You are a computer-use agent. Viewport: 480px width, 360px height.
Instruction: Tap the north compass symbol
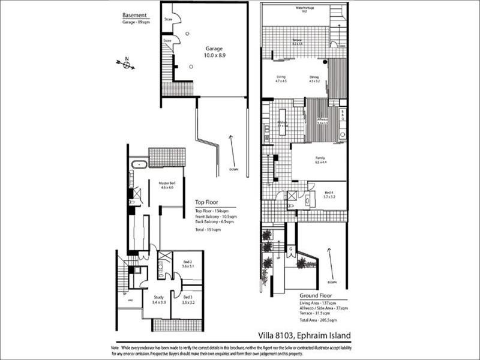click(x=127, y=63)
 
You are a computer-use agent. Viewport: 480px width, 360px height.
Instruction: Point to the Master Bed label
click(x=166, y=185)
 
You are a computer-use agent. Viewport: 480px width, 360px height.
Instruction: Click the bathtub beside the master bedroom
click(x=140, y=163)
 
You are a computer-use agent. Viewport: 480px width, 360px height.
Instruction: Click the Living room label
click(x=281, y=79)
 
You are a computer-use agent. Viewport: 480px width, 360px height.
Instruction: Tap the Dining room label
click(x=314, y=79)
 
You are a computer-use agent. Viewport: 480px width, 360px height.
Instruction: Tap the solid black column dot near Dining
click(x=325, y=62)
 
